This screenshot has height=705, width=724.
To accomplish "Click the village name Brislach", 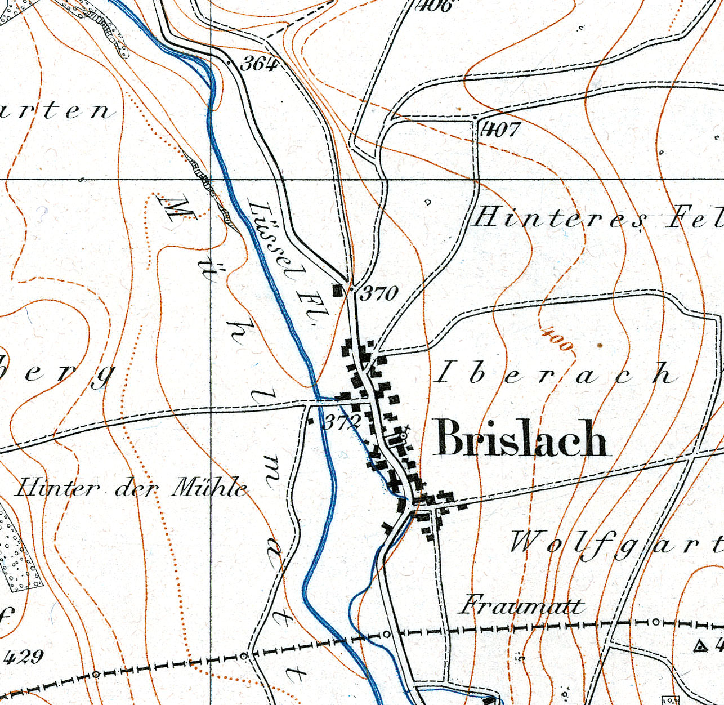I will pyautogui.click(x=521, y=439).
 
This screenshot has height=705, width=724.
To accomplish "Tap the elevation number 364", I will pyautogui.click(x=259, y=64).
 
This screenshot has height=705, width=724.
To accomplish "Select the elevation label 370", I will pyautogui.click(x=379, y=293).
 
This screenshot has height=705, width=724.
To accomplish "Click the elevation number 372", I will pyautogui.click(x=341, y=422).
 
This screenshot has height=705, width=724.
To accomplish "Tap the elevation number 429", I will pyautogui.click(x=24, y=657).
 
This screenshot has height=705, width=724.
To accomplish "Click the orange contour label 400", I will pyautogui.click(x=557, y=340).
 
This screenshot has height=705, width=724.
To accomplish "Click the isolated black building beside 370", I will pyautogui.click(x=338, y=291).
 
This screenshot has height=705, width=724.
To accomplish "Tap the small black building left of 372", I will pyautogui.click(x=310, y=420).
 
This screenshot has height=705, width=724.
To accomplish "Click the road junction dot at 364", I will pyautogui.click(x=229, y=63).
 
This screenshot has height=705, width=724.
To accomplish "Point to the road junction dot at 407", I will pyautogui.click(x=475, y=118).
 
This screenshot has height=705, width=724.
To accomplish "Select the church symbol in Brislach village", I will pyautogui.click(x=403, y=435).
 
